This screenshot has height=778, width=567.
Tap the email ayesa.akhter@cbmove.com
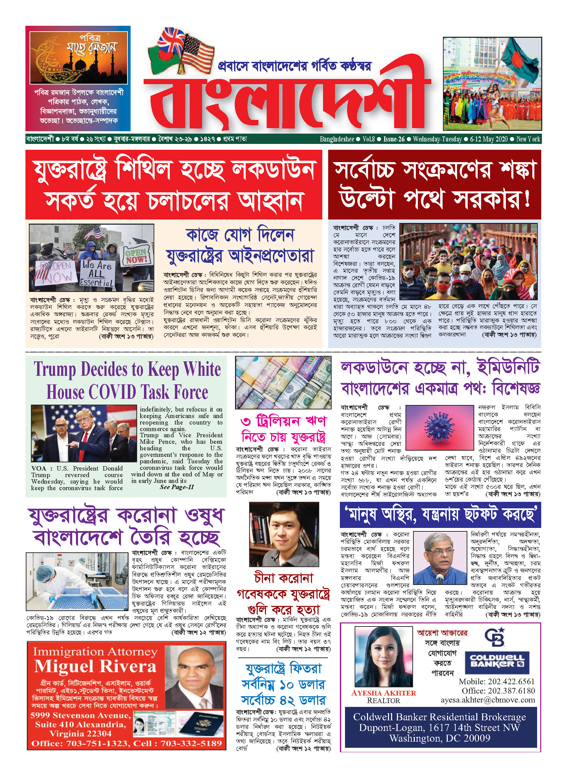pyautogui.click(x=488, y=700)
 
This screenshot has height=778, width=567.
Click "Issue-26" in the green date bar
pyautogui.click(x=394, y=139)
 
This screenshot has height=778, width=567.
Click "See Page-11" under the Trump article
pyautogui.click(x=177, y=487)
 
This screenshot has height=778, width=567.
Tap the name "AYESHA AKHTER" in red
pyautogui.click(x=383, y=693)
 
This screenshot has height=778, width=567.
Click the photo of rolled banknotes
pyautogui.click(x=283, y=382)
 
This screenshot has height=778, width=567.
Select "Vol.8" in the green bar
pyautogui.click(x=369, y=139)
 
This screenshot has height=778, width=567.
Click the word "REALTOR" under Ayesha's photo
pyautogui.click(x=383, y=701)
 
